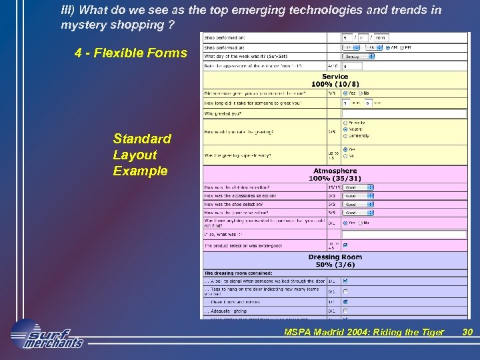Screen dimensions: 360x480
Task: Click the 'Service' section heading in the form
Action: click(335, 77)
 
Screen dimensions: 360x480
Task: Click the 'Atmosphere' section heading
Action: click(335, 171)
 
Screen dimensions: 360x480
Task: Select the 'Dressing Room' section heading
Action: click(335, 257)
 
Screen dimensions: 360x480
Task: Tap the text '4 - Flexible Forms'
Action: click(131, 53)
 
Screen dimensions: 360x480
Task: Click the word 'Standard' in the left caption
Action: click(142, 139)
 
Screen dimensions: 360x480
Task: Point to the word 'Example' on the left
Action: click(140, 171)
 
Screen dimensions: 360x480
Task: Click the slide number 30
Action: click(467, 332)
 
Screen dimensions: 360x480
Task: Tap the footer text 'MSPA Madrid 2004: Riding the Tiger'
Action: click(364, 332)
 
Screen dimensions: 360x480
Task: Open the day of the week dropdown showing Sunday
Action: click(358, 57)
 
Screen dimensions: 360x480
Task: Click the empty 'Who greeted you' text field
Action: click(404, 113)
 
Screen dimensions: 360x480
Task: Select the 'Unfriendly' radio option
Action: click(344, 135)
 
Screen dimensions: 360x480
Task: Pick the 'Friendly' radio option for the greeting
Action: click(344, 123)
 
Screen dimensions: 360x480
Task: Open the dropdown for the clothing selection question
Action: click(358, 187)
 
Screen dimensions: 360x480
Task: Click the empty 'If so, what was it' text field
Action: click(404, 234)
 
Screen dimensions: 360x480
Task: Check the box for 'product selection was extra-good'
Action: click(345, 245)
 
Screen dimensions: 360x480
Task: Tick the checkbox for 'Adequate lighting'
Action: click(345, 311)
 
